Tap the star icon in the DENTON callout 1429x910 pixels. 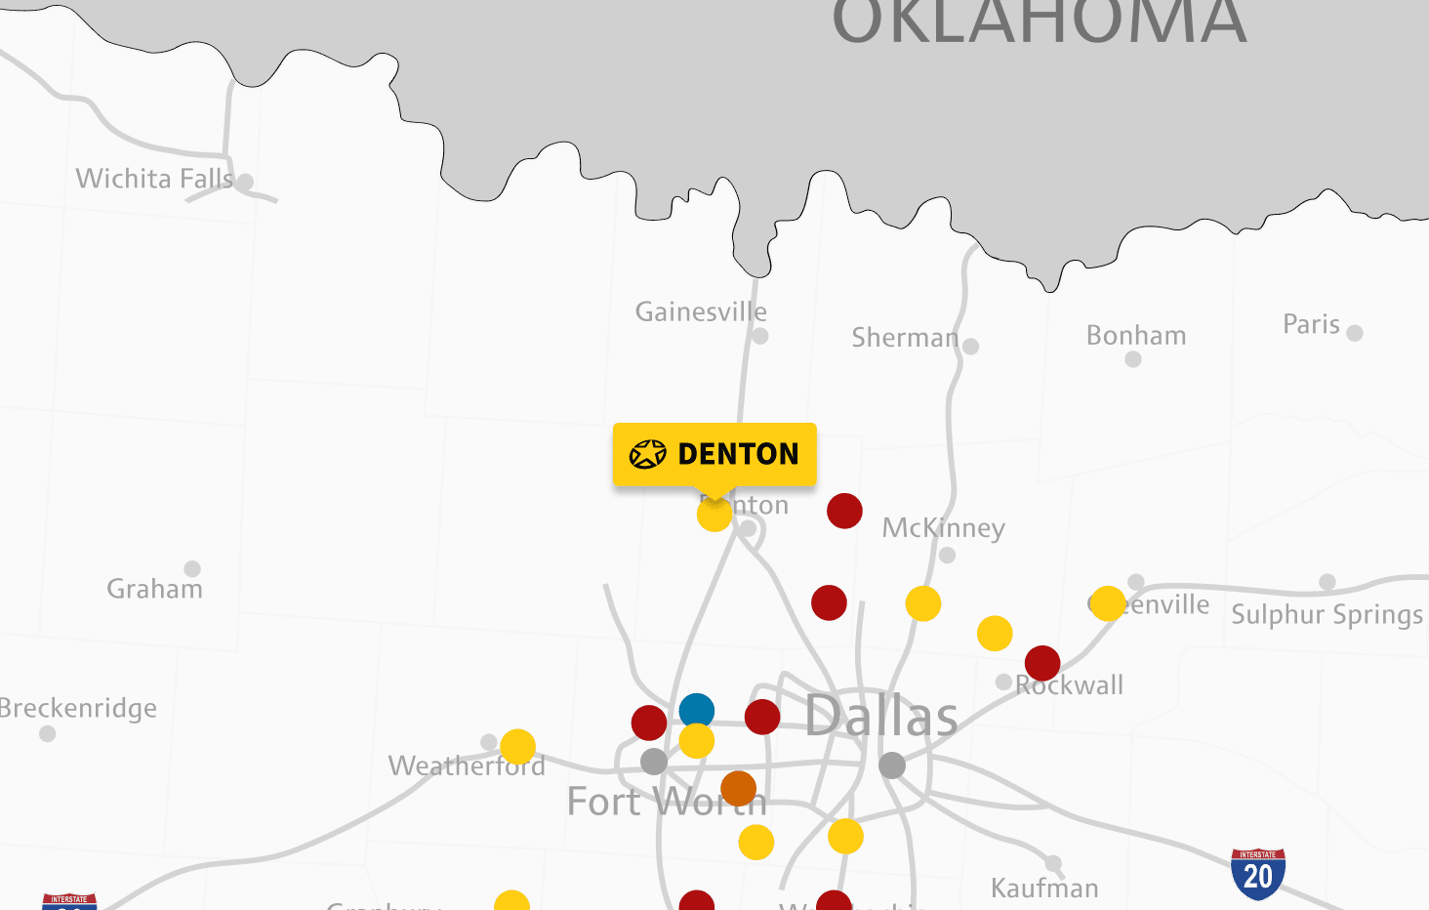[x=647, y=454]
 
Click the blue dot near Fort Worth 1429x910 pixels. [x=696, y=711]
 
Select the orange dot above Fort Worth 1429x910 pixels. [x=738, y=788]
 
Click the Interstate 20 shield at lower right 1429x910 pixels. [x=1257, y=874]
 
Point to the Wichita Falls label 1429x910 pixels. [x=154, y=179]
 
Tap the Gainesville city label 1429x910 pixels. [x=701, y=312]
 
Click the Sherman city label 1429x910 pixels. [x=905, y=338]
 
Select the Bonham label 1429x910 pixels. [x=1136, y=336]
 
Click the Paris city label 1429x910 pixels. [x=1311, y=324]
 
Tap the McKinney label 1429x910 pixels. [x=943, y=528]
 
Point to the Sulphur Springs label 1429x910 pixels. [x=1327, y=615]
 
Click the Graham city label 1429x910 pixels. [x=154, y=589]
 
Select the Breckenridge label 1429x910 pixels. [x=78, y=708]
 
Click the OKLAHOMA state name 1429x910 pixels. [x=1039, y=21]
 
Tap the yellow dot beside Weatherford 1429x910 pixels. [x=517, y=747]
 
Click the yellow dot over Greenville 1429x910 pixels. [x=1108, y=603]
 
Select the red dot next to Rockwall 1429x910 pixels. [x=1042, y=663]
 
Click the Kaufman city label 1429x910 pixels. [x=1044, y=889]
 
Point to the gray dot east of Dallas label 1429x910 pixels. [x=892, y=765]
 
